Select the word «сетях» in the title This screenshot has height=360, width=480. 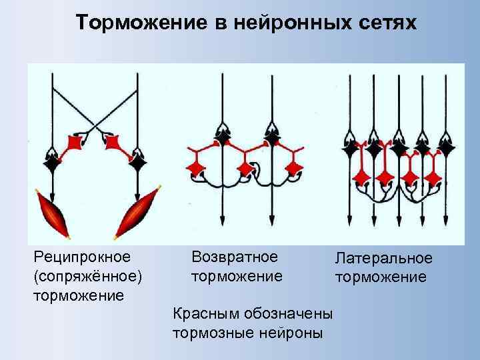[x=387, y=23]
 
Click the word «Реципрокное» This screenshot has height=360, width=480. [x=82, y=256]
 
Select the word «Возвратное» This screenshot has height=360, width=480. [x=235, y=256]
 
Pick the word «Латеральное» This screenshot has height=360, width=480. [x=383, y=258]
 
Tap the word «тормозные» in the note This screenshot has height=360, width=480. [x=210, y=332]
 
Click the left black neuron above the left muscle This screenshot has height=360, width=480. [x=51, y=161]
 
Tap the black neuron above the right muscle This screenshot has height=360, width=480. [x=138, y=161]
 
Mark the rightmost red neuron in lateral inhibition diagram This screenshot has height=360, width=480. [x=434, y=177]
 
